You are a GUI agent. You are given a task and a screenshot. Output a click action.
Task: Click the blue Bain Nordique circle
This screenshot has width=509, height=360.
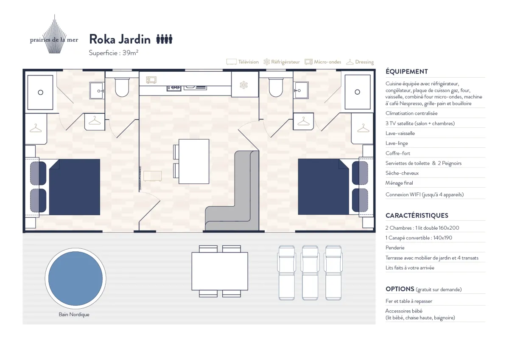tap(76, 278)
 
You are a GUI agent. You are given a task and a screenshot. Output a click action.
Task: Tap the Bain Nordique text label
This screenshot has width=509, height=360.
tap(74, 315)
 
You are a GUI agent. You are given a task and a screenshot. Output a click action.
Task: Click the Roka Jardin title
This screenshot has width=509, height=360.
tap(120, 39)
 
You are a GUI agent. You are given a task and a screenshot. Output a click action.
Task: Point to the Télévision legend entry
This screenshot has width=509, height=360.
tap(243, 62)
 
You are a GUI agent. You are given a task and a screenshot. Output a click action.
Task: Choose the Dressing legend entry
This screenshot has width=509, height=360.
tap(360, 62)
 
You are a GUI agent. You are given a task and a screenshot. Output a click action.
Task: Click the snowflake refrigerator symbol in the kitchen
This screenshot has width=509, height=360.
tap(243, 85)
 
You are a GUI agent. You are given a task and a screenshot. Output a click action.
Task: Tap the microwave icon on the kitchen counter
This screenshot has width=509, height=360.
tap(151, 80)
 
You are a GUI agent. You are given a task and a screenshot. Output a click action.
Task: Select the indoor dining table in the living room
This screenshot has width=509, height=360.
tap(194, 161)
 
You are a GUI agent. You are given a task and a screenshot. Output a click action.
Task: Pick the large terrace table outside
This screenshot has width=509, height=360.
tap(220, 271)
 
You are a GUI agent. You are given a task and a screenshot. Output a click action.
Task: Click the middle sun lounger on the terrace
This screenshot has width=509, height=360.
tap(310, 273)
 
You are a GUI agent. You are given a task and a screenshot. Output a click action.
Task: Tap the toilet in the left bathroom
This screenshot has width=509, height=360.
tap(122, 87)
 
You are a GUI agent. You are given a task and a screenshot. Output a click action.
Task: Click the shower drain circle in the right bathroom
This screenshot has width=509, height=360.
tap(358, 92)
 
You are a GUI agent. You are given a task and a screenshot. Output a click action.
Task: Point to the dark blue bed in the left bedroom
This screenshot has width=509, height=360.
tap(75, 187)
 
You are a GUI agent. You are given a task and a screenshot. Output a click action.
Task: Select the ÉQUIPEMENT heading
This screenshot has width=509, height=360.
tap(407, 72)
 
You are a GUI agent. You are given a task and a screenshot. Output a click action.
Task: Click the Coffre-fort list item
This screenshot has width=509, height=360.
tap(398, 153)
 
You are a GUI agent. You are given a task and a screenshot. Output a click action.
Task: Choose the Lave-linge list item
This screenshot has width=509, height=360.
tap(397, 143)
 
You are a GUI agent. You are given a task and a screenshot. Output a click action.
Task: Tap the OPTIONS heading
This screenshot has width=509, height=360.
tap(400, 289)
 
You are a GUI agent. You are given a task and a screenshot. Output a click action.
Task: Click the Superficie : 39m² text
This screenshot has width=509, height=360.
tap(113, 53)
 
